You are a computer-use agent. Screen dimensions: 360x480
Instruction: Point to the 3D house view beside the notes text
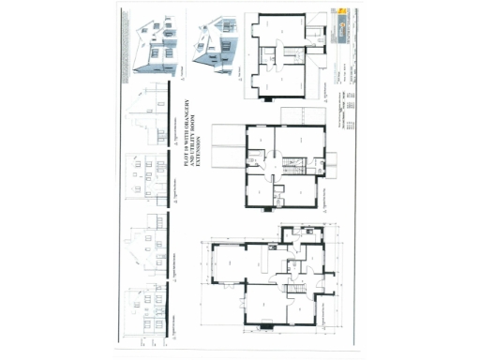(x=157, y=46)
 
